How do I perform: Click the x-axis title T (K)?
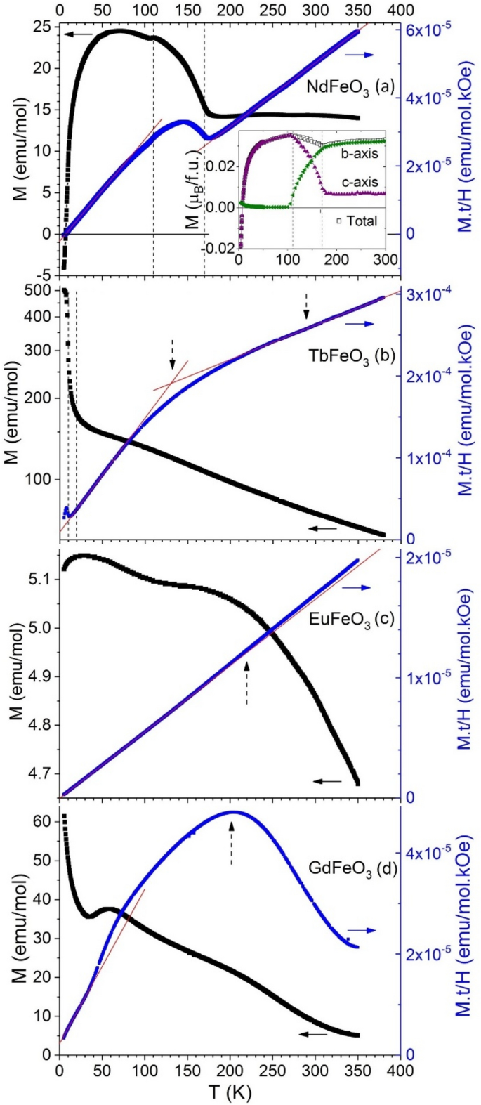(x=229, y=1092)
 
